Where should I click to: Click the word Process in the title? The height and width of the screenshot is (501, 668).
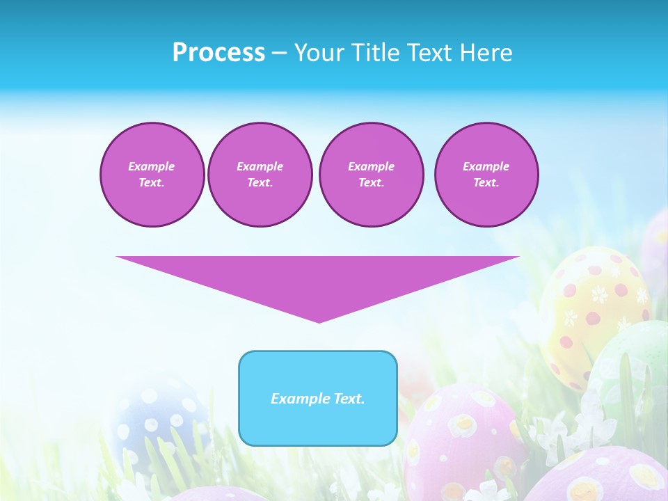pyautogui.click(x=218, y=53)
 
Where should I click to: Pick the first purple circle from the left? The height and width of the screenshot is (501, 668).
pyautogui.click(x=152, y=175)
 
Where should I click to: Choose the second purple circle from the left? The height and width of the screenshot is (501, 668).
pyautogui.click(x=260, y=175)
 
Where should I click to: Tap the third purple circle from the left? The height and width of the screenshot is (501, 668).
pyautogui.click(x=371, y=175)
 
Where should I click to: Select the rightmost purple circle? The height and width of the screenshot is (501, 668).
pyautogui.click(x=486, y=175)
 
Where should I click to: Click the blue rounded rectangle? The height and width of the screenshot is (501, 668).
pyautogui.click(x=318, y=424)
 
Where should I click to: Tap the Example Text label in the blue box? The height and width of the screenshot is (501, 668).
pyautogui.click(x=318, y=399)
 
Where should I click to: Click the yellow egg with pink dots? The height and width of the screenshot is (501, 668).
pyautogui.click(x=591, y=313)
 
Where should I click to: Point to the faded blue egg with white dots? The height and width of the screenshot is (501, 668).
pyautogui.click(x=157, y=417)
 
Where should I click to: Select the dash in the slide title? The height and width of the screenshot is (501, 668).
pyautogui.click(x=280, y=53)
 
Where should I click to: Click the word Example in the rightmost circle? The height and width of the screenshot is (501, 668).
pyautogui.click(x=486, y=166)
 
